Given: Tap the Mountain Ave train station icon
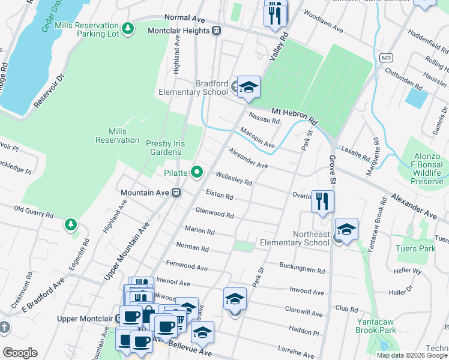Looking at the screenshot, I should coord(176,193).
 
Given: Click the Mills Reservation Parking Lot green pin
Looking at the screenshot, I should coord(128,28).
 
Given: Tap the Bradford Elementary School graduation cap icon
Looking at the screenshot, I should coord(248,88).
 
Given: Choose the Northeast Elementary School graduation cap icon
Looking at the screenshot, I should coord(346,230).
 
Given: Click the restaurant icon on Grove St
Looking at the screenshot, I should coord(323,202).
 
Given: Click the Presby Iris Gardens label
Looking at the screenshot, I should coord(164,148).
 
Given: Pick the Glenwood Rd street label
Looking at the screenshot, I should coord(214,214).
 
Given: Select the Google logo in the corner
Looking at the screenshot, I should coord(20,353).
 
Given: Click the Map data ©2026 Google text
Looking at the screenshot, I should coord(412,355).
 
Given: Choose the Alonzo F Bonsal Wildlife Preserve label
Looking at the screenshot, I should coord(427,164).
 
